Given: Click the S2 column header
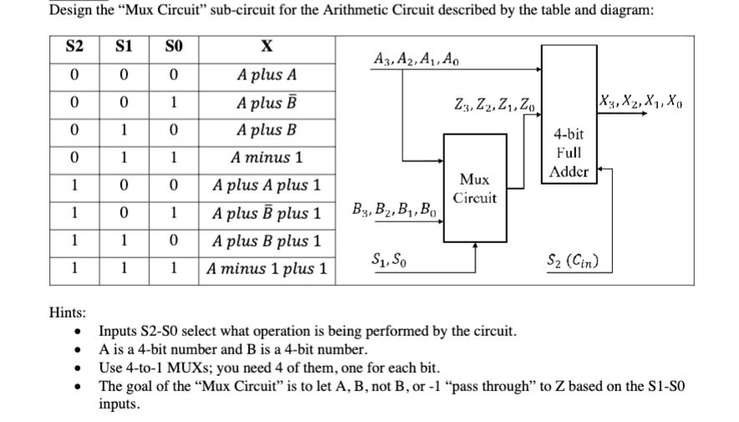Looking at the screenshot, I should click(x=75, y=47).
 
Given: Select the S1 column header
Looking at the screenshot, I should click(x=123, y=47).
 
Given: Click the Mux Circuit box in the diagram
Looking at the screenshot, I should click(x=475, y=189).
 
